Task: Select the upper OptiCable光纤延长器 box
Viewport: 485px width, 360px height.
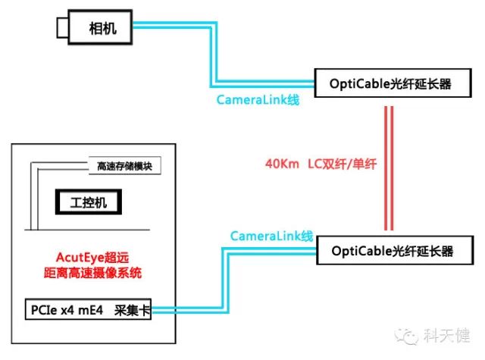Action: [x=390, y=84]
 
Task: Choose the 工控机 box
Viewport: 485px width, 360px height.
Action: [x=89, y=203]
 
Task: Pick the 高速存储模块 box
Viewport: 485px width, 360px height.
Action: [x=125, y=166]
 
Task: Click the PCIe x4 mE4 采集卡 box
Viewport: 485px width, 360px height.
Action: [x=89, y=311]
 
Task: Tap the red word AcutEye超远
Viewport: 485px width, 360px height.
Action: [x=93, y=257]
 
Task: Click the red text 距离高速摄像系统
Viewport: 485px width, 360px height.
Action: [x=93, y=271]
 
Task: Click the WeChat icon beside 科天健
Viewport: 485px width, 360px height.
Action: [x=410, y=334]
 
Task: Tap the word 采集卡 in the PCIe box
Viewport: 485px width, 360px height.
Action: [x=132, y=311]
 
